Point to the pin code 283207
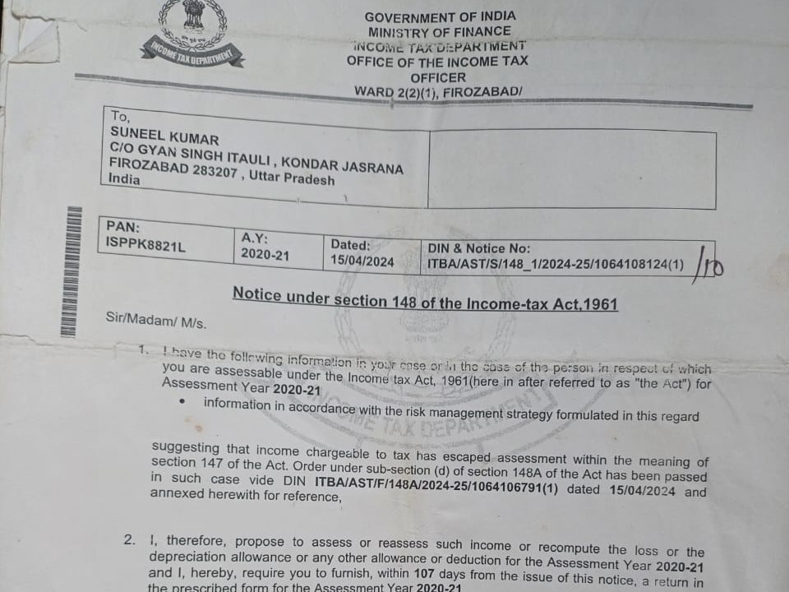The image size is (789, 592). (x=213, y=172)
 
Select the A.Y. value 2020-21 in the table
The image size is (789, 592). (x=265, y=255)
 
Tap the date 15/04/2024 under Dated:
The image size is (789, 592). (x=362, y=261)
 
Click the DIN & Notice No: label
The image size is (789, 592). (x=479, y=248)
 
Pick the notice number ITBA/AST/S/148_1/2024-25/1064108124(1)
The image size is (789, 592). (x=556, y=265)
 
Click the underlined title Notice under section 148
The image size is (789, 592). (x=425, y=298)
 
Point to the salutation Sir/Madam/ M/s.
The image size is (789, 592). (x=156, y=320)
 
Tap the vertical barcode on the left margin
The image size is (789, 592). (x=73, y=271)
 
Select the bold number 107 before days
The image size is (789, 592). (x=425, y=572)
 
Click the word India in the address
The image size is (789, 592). (x=125, y=179)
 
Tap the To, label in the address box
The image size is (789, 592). (x=122, y=117)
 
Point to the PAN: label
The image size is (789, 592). (x=123, y=226)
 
